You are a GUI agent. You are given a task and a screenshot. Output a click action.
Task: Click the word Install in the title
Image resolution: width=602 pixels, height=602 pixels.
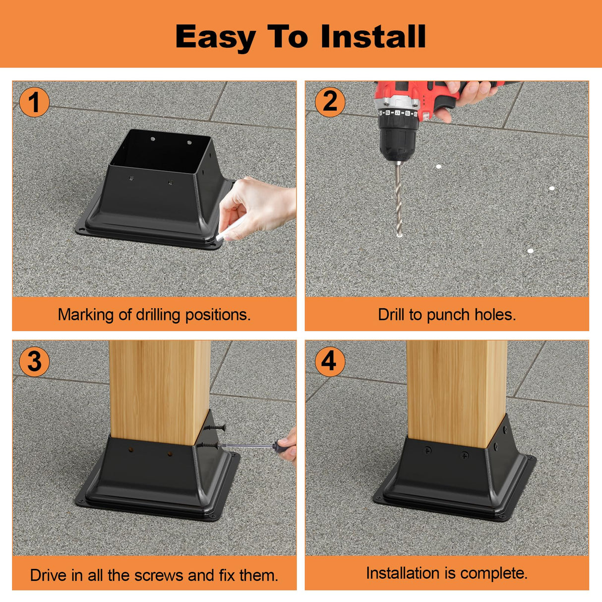pos(373,37)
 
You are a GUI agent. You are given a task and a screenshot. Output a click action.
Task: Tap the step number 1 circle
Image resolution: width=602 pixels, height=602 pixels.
pos(34,103)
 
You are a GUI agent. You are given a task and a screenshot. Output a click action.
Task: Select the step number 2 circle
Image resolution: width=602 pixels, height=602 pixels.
pos(330,102)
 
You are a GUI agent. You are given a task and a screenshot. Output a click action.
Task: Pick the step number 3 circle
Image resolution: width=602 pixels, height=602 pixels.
pos(34,361)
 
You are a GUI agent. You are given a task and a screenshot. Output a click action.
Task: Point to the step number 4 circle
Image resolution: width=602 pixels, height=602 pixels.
pos(330,361)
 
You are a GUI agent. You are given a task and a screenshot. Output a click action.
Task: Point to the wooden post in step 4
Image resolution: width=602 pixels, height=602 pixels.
pos(456,392)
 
